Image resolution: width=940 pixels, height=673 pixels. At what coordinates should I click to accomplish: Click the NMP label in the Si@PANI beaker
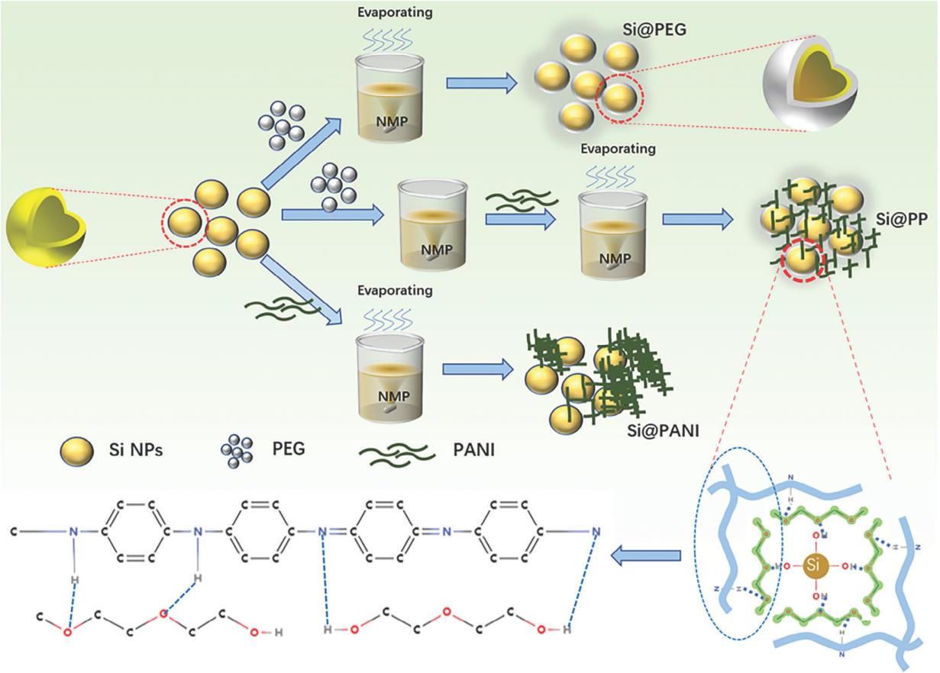click(x=389, y=395)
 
